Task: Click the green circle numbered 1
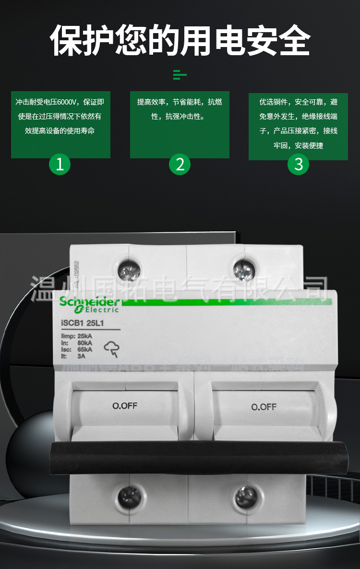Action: pyautogui.click(x=60, y=164)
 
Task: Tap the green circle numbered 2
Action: pyautogui.click(x=180, y=164)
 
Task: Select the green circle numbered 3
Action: pyautogui.click(x=299, y=164)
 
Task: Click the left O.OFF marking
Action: pyautogui.click(x=125, y=406)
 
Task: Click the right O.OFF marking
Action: pyautogui.click(x=264, y=407)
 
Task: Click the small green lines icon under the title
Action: pyautogui.click(x=180, y=74)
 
